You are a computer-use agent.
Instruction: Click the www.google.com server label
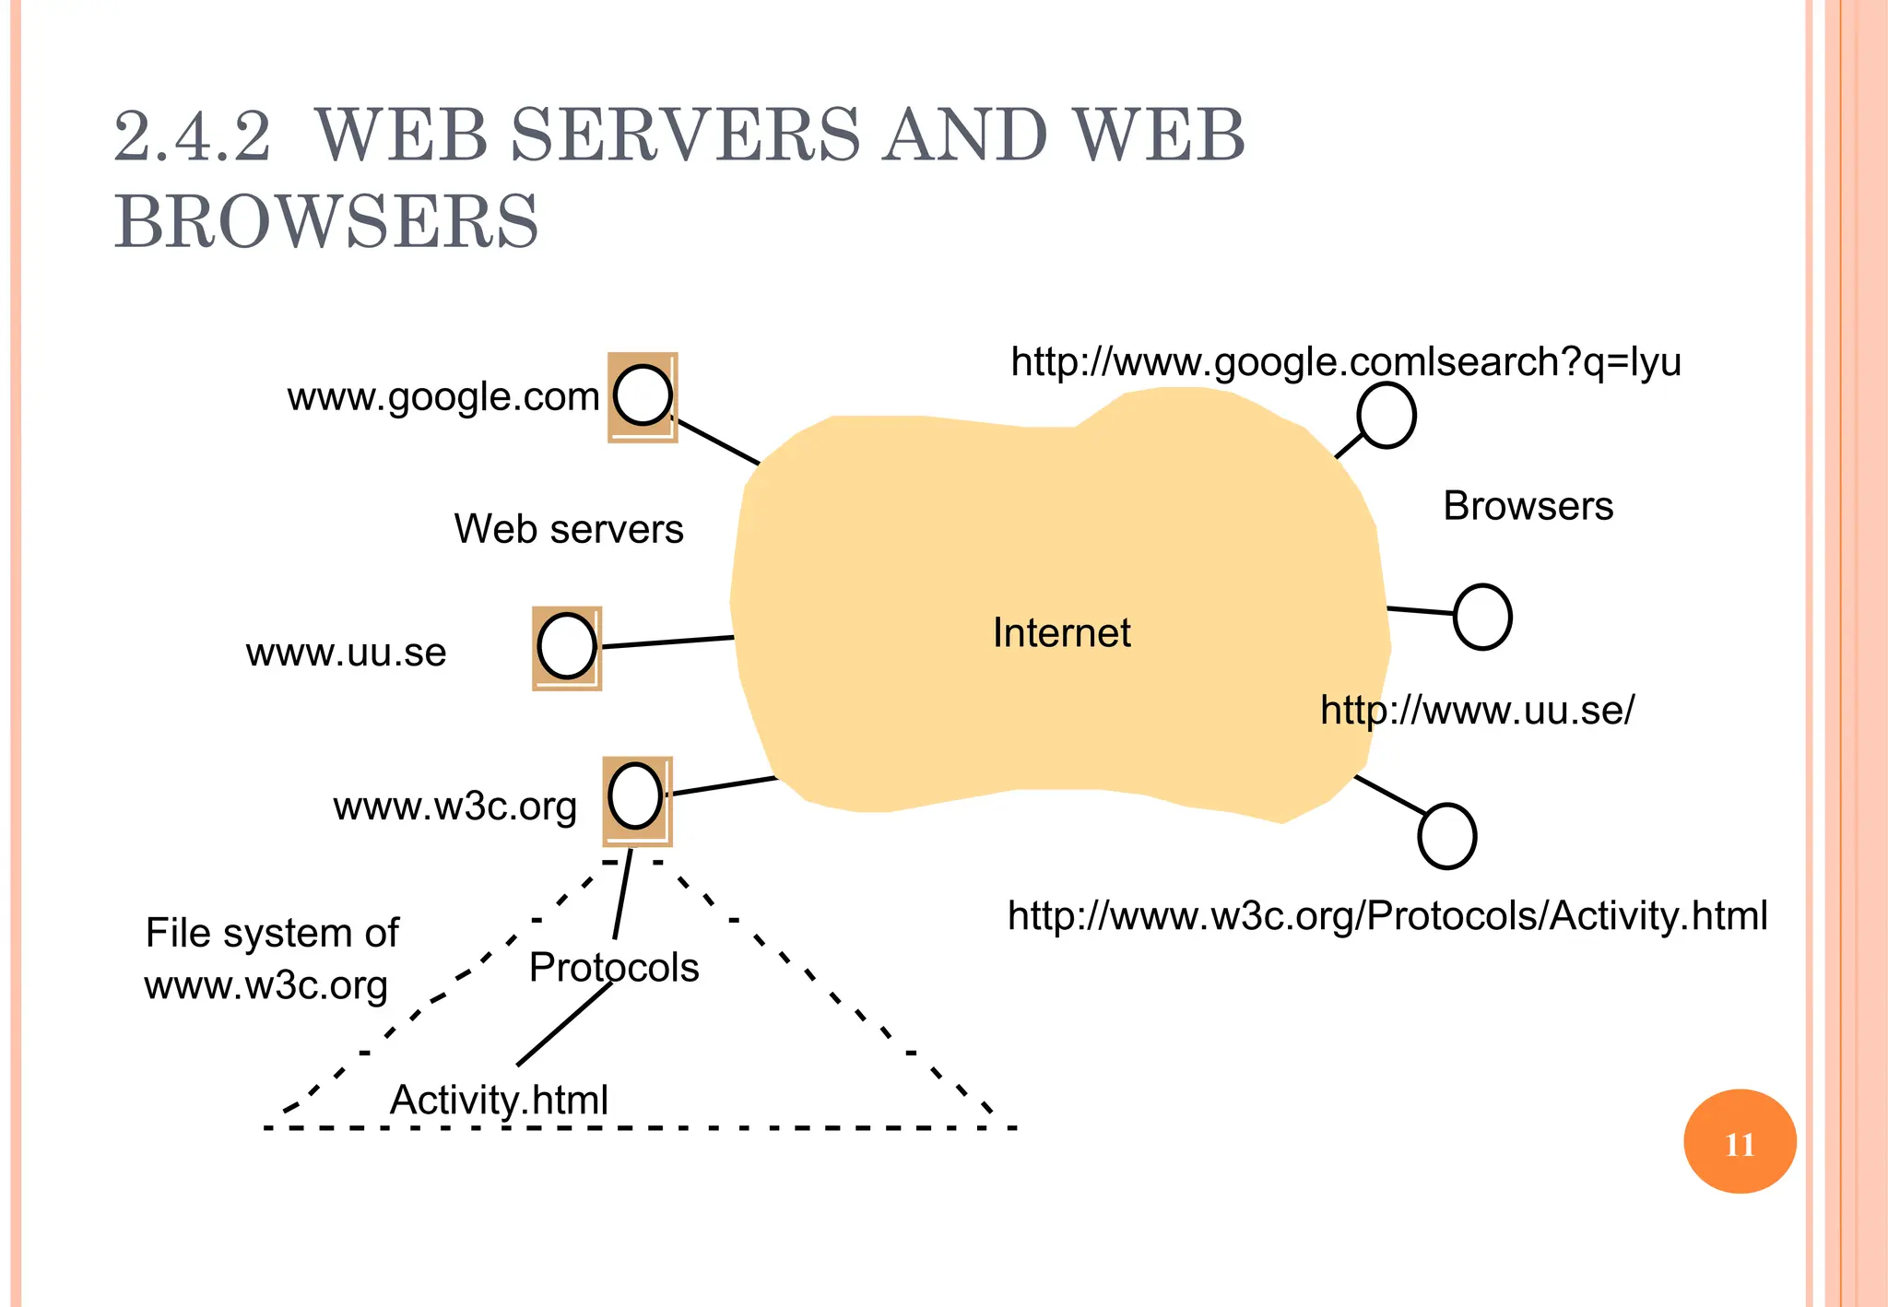443,397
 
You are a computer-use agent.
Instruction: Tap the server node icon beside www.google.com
643,396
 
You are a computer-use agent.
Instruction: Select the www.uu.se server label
346,653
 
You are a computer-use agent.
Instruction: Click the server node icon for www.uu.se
567,647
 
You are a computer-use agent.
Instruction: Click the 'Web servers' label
569,529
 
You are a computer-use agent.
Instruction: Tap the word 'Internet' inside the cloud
1061,633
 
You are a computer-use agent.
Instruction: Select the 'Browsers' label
1528,506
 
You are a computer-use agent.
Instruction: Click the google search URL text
1346,362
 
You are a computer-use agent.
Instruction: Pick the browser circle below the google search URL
1386,416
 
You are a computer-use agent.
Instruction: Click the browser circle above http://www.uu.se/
1482,617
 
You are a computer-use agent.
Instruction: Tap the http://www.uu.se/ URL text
1477,711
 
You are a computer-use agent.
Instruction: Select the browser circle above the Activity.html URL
1447,836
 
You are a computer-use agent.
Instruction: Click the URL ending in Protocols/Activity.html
1387,916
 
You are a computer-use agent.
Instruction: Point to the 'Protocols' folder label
614,968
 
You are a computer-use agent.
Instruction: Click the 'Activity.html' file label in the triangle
499,1100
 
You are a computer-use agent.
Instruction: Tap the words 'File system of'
272,933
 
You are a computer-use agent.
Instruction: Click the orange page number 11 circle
1740,1142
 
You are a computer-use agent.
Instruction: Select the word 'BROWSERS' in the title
326,222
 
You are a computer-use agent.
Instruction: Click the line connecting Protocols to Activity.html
564,1024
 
